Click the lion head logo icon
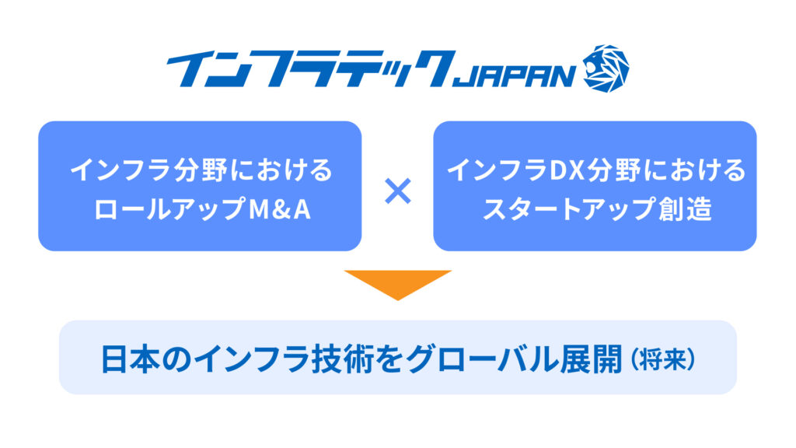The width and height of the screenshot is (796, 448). [606, 68]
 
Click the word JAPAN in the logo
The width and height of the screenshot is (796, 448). [513, 76]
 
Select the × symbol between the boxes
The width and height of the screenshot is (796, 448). [397, 191]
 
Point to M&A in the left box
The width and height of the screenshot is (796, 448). [280, 209]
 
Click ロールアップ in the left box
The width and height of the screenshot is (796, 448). [170, 209]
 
